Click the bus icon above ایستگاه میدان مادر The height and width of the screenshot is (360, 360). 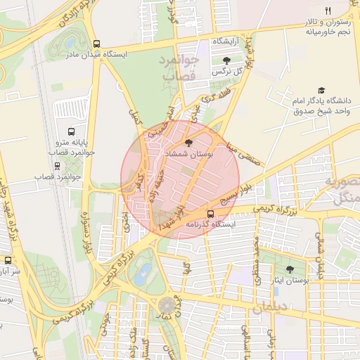click(96, 41)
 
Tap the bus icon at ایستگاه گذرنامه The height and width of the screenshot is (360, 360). click(210, 214)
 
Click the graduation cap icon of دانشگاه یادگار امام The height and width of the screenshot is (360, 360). click(321, 91)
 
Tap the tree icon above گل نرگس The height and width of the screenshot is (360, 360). click(226, 60)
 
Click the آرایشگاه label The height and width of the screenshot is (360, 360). click(226, 41)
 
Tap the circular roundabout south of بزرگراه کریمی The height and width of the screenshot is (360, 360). click(167, 306)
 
